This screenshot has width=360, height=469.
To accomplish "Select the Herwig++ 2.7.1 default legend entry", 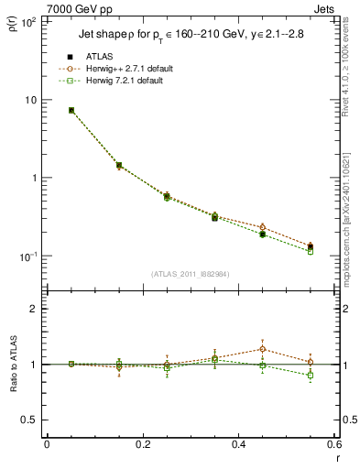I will pyautogui.click(x=128, y=69).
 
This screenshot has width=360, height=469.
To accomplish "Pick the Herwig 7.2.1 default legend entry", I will pyautogui.click(x=125, y=81).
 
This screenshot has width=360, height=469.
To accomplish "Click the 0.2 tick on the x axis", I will pyautogui.click(x=142, y=444).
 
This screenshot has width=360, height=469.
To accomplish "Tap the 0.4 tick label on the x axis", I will pyautogui.click(x=238, y=444).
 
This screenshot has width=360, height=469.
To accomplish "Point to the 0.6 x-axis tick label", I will pyautogui.click(x=333, y=444).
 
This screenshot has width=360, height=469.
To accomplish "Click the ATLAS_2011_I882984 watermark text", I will pyautogui.click(x=190, y=274).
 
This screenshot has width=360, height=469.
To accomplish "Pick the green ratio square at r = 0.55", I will pyautogui.click(x=311, y=376).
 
